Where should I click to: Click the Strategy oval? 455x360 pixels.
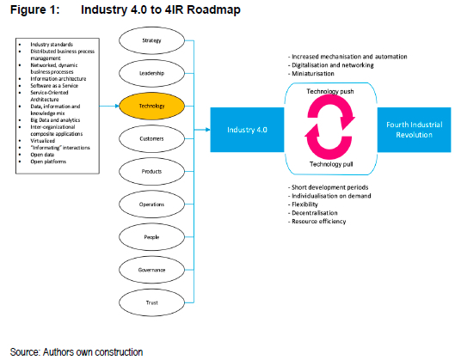(x=151, y=40)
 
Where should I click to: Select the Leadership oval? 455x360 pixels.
(x=151, y=73)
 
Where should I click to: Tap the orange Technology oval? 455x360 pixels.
(x=151, y=106)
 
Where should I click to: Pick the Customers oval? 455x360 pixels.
(x=151, y=137)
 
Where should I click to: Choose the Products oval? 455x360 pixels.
(x=151, y=170)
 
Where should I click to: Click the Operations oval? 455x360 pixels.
(x=151, y=203)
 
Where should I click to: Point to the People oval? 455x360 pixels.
(x=151, y=235)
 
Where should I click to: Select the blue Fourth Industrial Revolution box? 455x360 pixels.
(x=410, y=128)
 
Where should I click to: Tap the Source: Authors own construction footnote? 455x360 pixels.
(x=76, y=351)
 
